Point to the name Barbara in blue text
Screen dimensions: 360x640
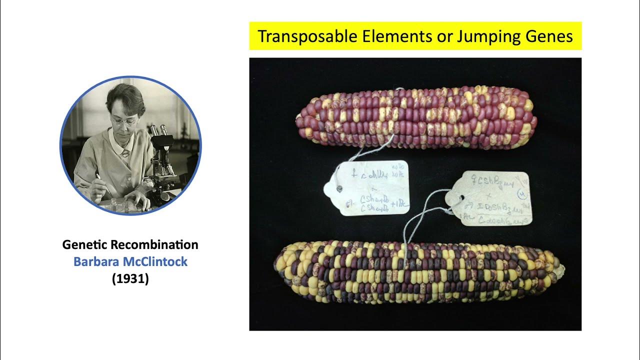(x=95, y=261)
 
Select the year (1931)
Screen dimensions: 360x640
(x=130, y=278)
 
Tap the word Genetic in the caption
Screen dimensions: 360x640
(x=84, y=245)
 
